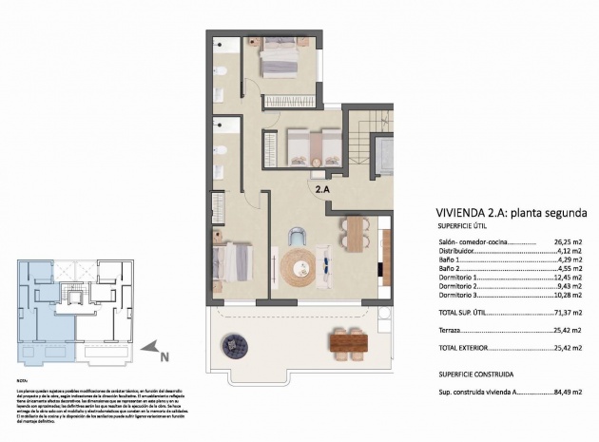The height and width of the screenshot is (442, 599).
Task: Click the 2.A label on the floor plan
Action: coord(322,189)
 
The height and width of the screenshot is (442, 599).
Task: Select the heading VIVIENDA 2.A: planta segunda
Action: coord(516,212)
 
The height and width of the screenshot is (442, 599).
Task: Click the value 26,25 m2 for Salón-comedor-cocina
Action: coord(567,242)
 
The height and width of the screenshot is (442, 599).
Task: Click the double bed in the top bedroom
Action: coord(279,64)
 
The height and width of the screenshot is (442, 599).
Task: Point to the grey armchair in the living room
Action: coord(298,237)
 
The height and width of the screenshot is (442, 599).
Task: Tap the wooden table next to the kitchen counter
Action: coord(355,233)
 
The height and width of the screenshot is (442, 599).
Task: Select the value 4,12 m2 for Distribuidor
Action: coord(569,252)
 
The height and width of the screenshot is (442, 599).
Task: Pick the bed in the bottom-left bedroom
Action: coord(233,262)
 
